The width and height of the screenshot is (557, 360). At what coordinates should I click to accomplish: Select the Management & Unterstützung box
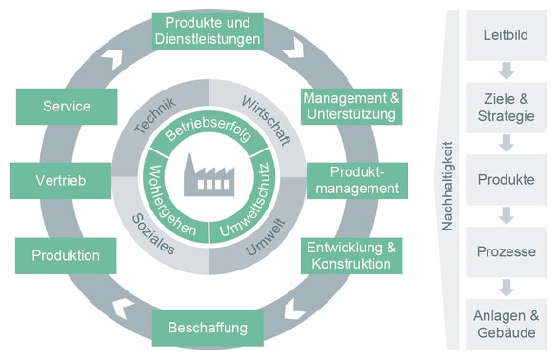pyautogui.click(x=349, y=107)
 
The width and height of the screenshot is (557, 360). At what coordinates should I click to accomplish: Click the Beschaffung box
pyautogui.click(x=207, y=329)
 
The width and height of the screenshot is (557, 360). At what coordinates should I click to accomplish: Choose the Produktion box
pyautogui.click(x=66, y=255)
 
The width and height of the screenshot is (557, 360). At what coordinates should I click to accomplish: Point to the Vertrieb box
pyautogui.click(x=53, y=181)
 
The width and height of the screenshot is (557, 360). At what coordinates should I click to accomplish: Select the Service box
pyautogui.click(x=66, y=107)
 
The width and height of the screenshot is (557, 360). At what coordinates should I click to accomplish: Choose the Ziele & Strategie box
pyautogui.click(x=506, y=107)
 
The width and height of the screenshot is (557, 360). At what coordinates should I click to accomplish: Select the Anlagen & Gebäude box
pyautogui.click(x=506, y=324)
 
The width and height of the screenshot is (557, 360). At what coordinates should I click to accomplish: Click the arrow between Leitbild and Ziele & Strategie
pyautogui.click(x=506, y=70)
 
